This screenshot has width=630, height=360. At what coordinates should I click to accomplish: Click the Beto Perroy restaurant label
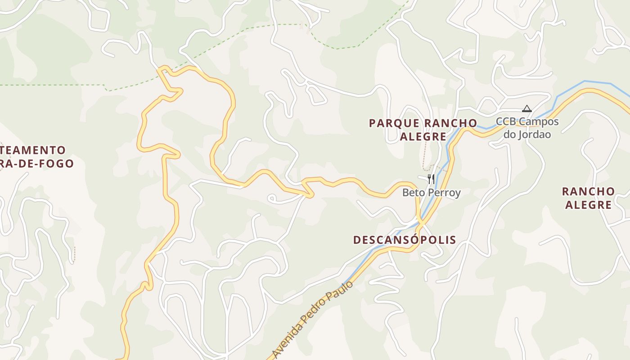pyautogui.click(x=431, y=193)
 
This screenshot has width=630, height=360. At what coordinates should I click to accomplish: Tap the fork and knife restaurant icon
pyautogui.click(x=431, y=179)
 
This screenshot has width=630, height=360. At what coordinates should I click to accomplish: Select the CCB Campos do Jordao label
pyautogui.click(x=527, y=128)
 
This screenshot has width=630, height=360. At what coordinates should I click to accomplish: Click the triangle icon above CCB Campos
pyautogui.click(x=527, y=108)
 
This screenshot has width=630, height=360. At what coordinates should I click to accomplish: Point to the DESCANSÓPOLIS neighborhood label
pyautogui.click(x=405, y=240)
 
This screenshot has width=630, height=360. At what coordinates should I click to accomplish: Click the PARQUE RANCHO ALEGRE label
pyautogui.click(x=423, y=130)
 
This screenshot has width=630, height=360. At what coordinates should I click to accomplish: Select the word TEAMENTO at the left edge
pyautogui.click(x=34, y=150)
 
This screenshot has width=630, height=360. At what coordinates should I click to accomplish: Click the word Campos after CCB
pyautogui.click(x=539, y=121)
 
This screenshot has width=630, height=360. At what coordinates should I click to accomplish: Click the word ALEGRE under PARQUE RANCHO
pyautogui.click(x=423, y=136)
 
